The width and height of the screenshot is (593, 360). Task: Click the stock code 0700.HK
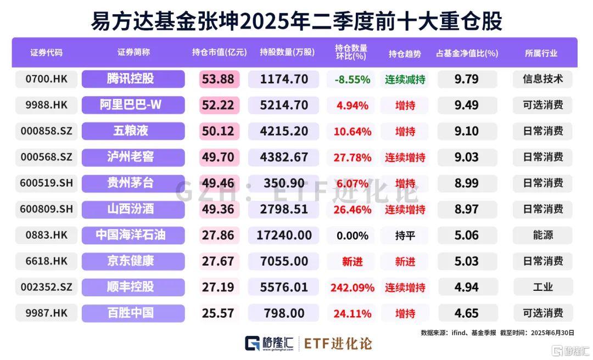46,79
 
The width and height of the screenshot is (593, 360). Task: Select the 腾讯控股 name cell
133,79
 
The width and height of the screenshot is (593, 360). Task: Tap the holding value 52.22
218,105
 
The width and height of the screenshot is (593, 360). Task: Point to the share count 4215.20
284,131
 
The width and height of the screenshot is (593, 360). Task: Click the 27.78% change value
352,157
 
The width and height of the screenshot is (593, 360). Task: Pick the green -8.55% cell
352,79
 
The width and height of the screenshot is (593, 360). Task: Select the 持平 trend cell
405,235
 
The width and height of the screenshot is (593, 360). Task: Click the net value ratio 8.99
466,183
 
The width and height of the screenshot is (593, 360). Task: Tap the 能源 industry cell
542,235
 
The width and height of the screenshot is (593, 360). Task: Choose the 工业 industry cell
542,288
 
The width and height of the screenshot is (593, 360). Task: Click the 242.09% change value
352,288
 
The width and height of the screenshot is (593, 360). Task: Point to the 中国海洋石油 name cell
133,235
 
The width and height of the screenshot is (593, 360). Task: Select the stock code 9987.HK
46,313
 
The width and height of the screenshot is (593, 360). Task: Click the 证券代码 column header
46,53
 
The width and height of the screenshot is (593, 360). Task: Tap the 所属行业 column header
541,53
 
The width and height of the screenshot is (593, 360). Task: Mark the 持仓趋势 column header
405,53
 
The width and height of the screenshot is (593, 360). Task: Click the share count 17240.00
284,235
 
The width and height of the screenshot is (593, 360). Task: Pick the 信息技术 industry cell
542,79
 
